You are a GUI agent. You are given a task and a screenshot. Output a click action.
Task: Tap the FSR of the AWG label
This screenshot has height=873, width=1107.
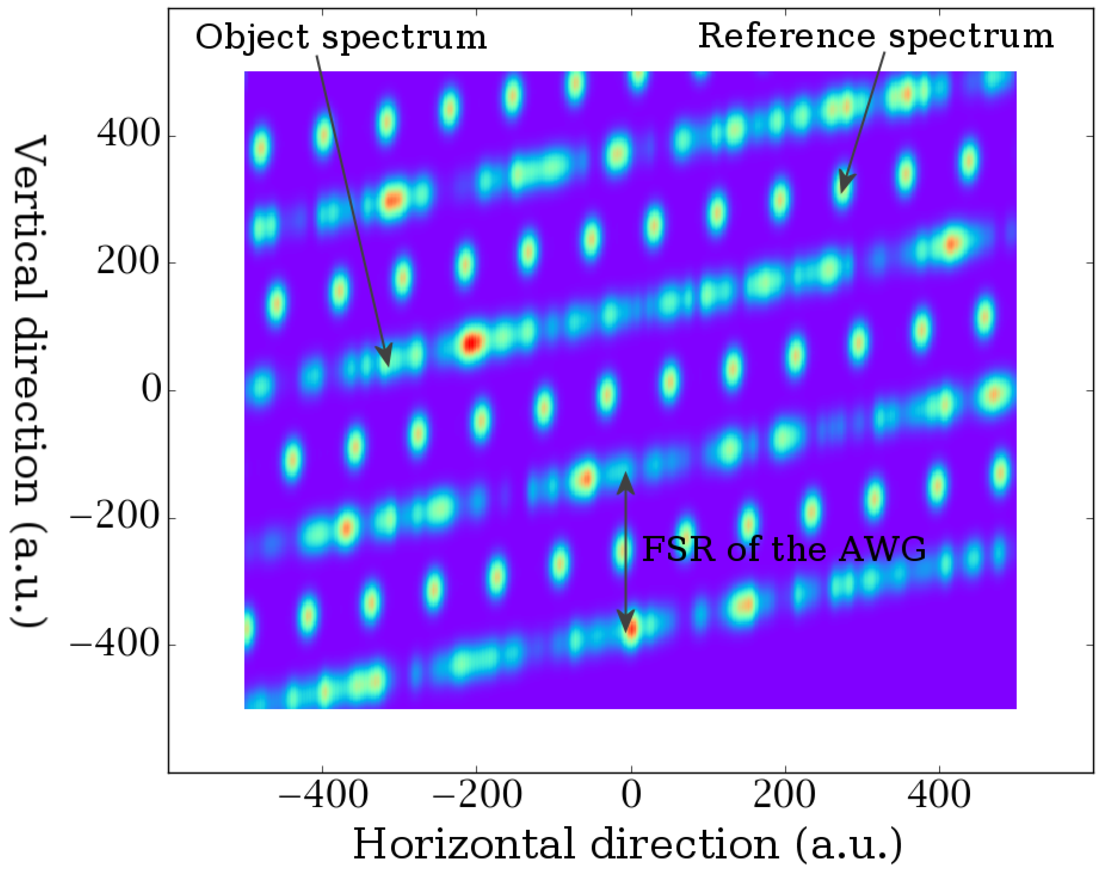[783, 549]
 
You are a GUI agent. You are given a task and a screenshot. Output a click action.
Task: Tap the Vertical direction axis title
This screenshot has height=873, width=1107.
[29, 381]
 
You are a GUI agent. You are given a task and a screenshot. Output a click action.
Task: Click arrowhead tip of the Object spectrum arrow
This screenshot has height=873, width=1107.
[388, 366]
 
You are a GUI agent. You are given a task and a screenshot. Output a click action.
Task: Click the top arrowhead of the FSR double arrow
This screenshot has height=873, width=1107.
[626, 474]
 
